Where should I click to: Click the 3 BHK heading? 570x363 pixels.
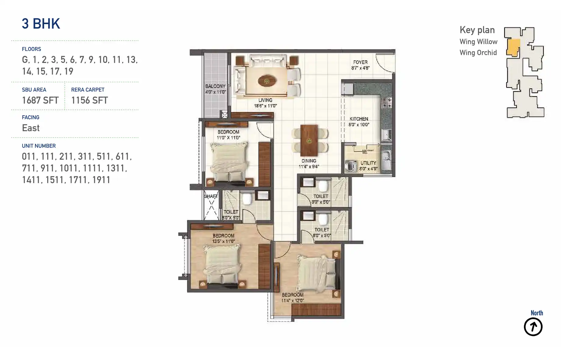pos(41,24)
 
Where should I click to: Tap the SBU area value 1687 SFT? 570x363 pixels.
pos(40,100)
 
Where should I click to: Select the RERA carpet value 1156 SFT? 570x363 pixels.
pos(90,100)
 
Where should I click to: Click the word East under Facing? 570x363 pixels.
pos(31,128)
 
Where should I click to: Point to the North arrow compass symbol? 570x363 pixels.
pos(533,327)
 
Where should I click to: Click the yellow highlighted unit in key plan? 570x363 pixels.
pos(513,47)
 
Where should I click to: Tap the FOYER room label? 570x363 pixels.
pos(360,62)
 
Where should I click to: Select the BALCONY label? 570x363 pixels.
pos(215,86)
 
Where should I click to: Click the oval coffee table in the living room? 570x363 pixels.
pos(267,81)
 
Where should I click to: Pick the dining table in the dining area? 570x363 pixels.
pos(309,140)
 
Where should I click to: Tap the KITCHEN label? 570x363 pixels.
pos(359,119)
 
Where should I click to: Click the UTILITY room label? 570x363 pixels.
pos(368,163)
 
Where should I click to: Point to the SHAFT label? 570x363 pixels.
pos(211,196)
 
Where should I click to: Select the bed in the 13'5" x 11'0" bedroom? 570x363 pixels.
pos(222,265)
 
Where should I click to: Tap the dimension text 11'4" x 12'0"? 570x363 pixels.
pos(292,301)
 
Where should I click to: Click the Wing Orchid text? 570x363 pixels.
pos(478,53)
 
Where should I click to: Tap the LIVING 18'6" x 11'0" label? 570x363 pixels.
pos(265,103)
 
